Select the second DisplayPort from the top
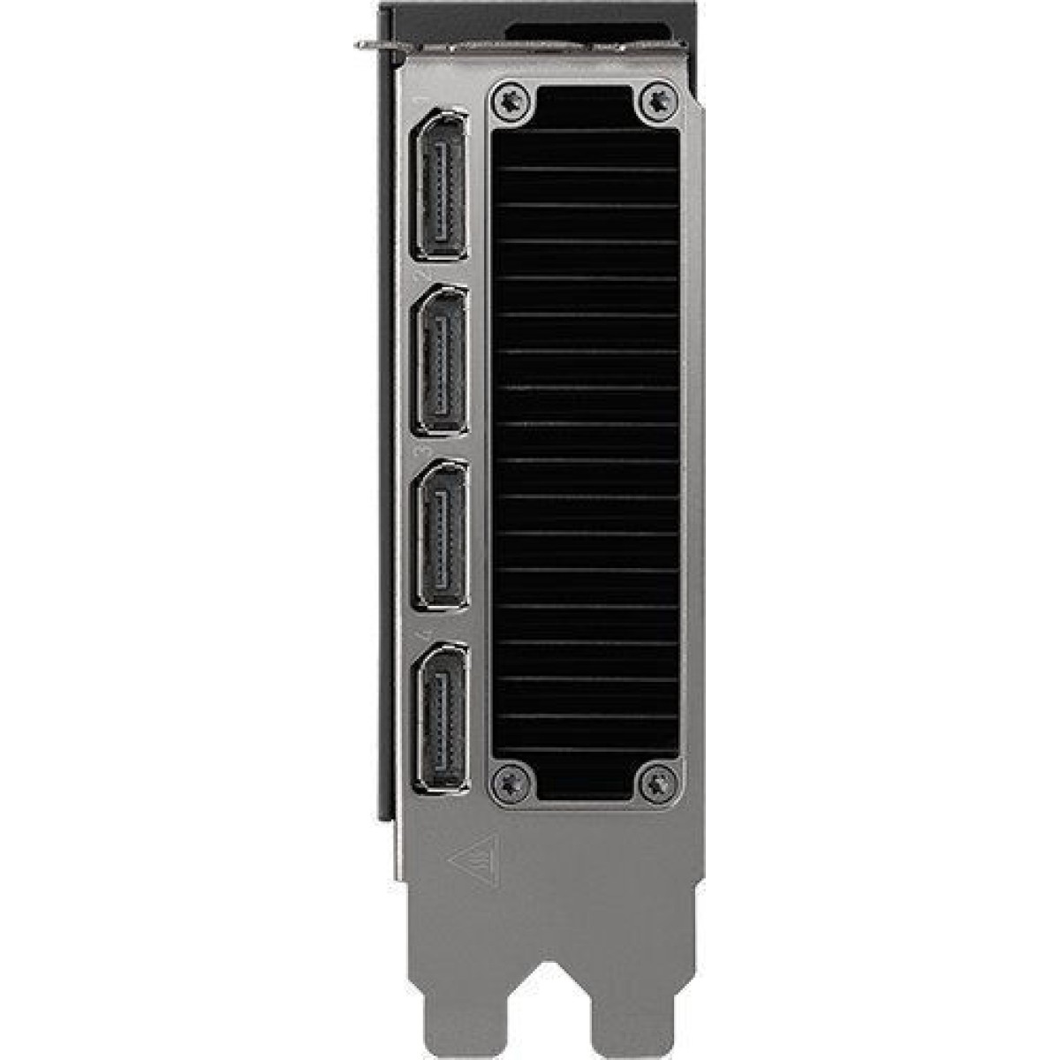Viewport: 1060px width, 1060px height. pos(441,361)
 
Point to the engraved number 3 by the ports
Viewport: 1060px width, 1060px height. pos(428,449)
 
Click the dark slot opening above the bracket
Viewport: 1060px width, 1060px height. pos(592,34)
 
